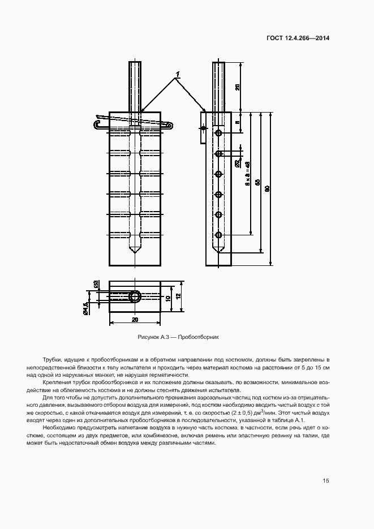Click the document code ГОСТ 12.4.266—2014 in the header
coord(298,38)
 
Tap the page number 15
coord(326,480)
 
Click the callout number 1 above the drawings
coord(178,74)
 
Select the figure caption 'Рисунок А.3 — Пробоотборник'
coord(178,337)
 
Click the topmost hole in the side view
coord(218,134)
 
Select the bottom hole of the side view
coord(218,234)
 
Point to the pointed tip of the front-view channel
coord(135,251)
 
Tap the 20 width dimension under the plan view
coord(135,320)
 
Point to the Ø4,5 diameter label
coord(85,308)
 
